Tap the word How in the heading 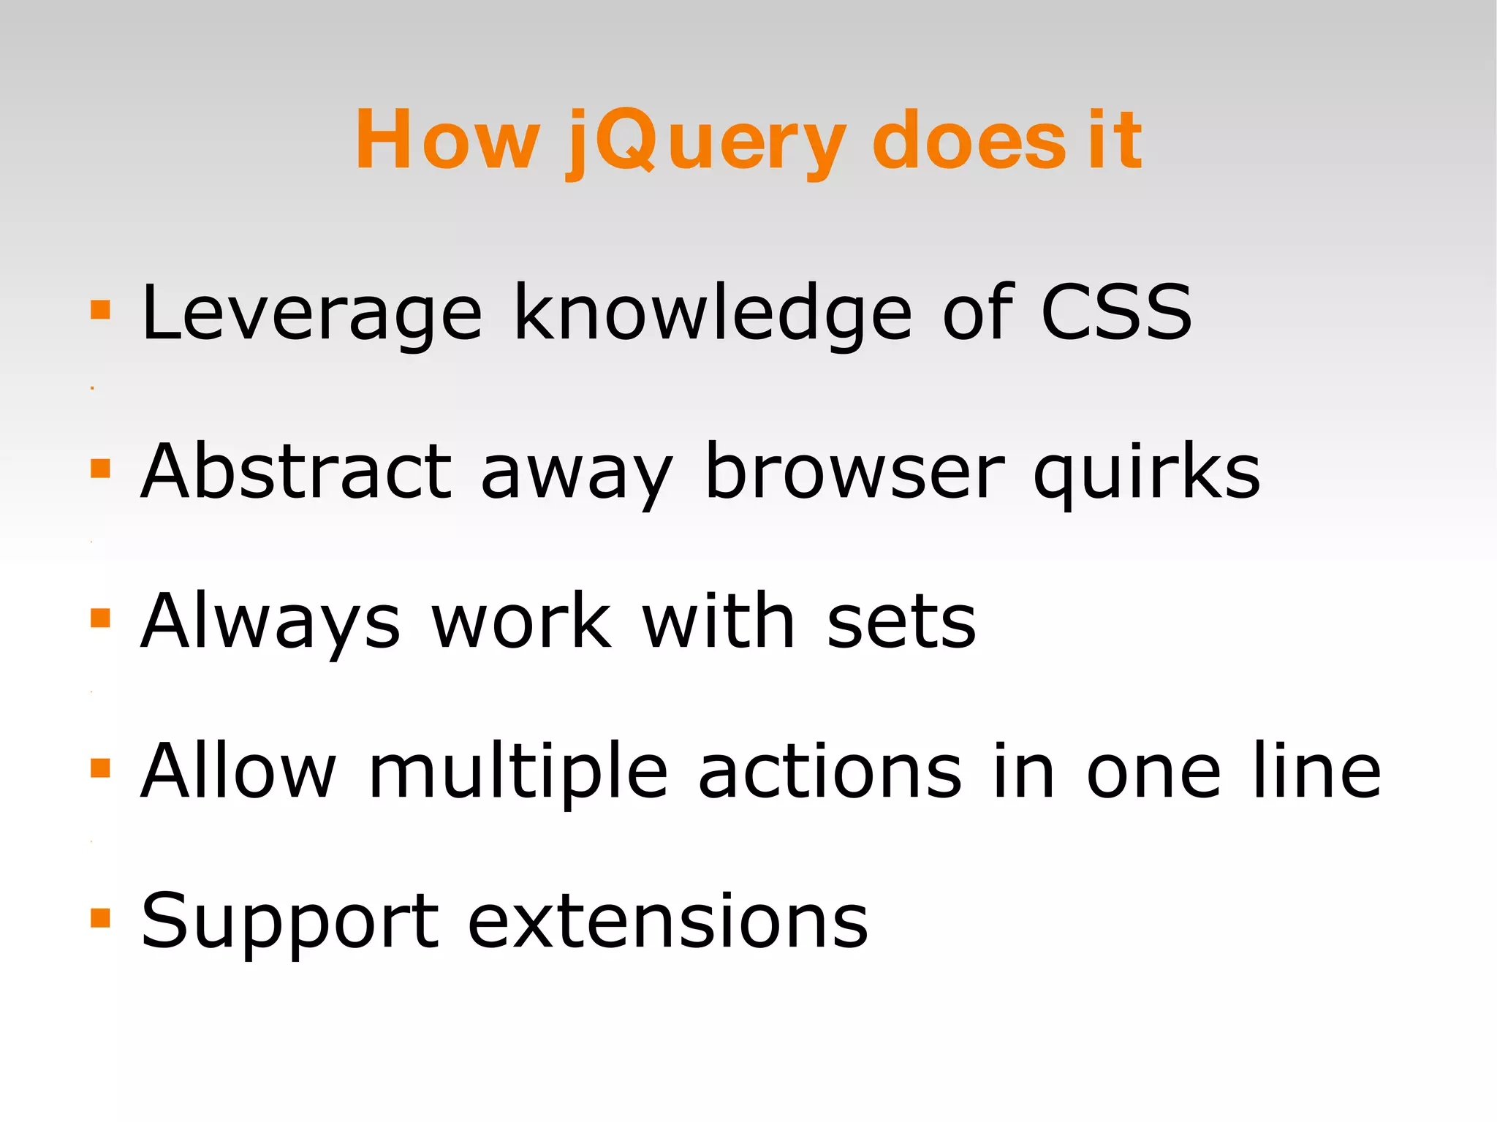pyautogui.click(x=447, y=140)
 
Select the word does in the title pyautogui.click(x=969, y=140)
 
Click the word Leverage pyautogui.click(x=311, y=314)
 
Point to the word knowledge pyautogui.click(x=713, y=314)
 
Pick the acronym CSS pyautogui.click(x=1116, y=313)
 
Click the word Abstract pyautogui.click(x=296, y=472)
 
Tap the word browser pyautogui.click(x=854, y=472)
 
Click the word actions pyautogui.click(x=830, y=772)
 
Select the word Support pyautogui.click(x=289, y=922)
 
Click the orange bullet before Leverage pyautogui.click(x=100, y=310)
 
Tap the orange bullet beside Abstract pyautogui.click(x=100, y=468)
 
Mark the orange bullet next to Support pyautogui.click(x=100, y=918)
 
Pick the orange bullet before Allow pyautogui.click(x=100, y=767)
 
